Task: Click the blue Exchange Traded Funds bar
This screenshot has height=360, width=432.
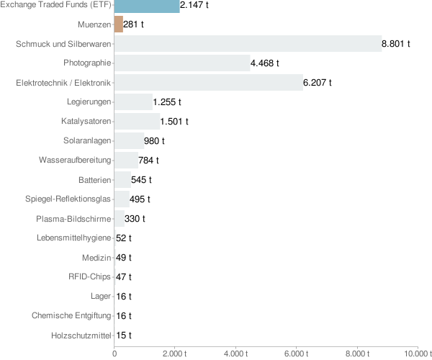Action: click(x=147, y=6)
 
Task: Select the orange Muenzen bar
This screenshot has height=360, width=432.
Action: click(x=119, y=24)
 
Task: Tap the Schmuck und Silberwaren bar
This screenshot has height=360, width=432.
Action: click(x=248, y=44)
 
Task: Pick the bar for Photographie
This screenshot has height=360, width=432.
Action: click(x=182, y=63)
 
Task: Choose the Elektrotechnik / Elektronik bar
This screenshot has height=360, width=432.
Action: click(x=209, y=83)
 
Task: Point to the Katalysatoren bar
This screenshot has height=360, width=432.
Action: click(x=137, y=122)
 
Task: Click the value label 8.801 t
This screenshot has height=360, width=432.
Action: click(x=396, y=44)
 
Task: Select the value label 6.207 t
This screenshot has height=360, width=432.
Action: click(x=318, y=83)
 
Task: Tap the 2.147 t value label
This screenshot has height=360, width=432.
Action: click(x=194, y=6)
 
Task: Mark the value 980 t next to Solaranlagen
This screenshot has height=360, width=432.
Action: click(x=154, y=141)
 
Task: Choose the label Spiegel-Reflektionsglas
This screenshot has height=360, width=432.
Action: click(x=68, y=199)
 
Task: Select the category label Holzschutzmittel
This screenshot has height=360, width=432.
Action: click(x=82, y=335)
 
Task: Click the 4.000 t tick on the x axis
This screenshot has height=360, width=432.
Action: click(x=236, y=354)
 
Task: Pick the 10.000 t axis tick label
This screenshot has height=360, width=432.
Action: click(x=417, y=354)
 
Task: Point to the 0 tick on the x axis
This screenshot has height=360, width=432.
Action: click(x=114, y=354)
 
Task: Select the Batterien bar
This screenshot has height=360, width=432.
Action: click(x=122, y=179)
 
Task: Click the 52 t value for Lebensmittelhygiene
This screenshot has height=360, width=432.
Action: click(x=124, y=238)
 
